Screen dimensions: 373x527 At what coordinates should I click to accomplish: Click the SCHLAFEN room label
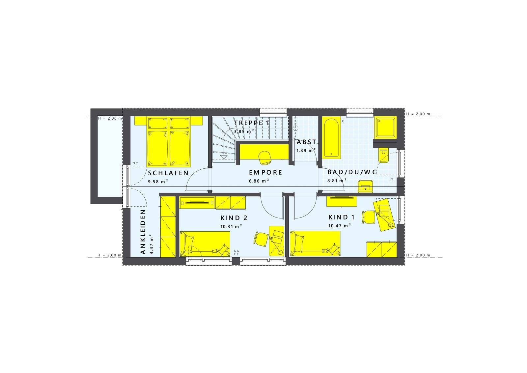coord(168,173)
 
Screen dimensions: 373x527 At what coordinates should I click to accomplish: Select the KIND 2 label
coord(234,218)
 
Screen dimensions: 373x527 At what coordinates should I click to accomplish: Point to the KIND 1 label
coord(342,217)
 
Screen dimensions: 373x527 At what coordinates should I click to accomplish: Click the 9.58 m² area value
coord(158,181)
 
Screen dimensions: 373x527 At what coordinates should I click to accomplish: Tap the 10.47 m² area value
coord(339,226)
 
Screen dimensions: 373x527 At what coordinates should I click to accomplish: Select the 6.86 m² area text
coord(259,181)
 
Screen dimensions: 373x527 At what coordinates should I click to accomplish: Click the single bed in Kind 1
coord(315,244)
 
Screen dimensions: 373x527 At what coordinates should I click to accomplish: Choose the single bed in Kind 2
coord(205,244)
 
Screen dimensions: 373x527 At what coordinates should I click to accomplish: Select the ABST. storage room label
coord(307,143)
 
